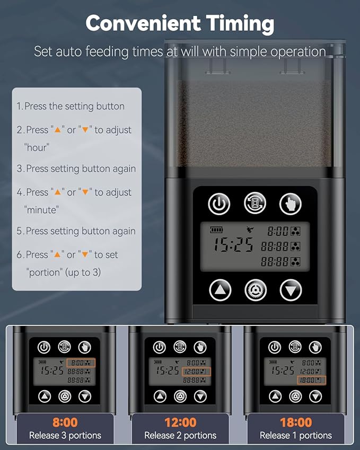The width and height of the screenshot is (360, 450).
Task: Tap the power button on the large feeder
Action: pos(219,204)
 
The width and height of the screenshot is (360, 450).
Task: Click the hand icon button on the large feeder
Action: pos(291,204)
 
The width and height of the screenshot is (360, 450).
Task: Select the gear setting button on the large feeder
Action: pos(255,290)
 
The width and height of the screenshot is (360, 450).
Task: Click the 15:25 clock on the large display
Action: pos(233,244)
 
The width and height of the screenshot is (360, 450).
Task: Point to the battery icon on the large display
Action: pos(216,230)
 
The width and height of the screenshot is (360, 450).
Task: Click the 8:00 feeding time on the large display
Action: pos(278,231)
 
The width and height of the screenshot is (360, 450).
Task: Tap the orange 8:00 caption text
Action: pos(65,422)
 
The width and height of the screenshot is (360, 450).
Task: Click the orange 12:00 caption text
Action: pos(181,422)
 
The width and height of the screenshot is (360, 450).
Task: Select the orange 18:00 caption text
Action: pos(296,422)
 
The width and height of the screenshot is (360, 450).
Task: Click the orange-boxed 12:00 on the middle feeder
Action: pos(196,372)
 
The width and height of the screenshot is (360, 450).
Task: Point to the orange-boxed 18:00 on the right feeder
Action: pos(311,380)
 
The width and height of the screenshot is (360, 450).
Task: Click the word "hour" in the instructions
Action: pos(37,147)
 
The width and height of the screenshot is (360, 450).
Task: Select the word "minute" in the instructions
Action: pos(41,210)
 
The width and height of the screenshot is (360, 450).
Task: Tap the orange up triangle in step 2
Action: pos(58,130)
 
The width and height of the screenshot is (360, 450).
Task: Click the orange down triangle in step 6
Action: pos(85,254)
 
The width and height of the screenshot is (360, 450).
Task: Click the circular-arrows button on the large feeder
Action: pos(255,203)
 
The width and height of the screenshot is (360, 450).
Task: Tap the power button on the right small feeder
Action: pos(275,347)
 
